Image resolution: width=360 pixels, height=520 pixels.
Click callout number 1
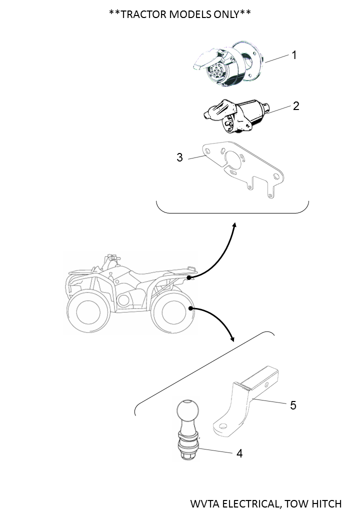(294, 55)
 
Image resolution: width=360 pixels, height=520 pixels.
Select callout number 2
(296, 106)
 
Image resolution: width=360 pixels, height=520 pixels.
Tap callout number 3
(179, 157)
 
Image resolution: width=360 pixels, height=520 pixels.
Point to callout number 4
(239, 453)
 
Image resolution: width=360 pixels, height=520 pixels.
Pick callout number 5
(293, 405)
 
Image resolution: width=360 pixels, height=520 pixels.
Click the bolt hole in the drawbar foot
(223, 426)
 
